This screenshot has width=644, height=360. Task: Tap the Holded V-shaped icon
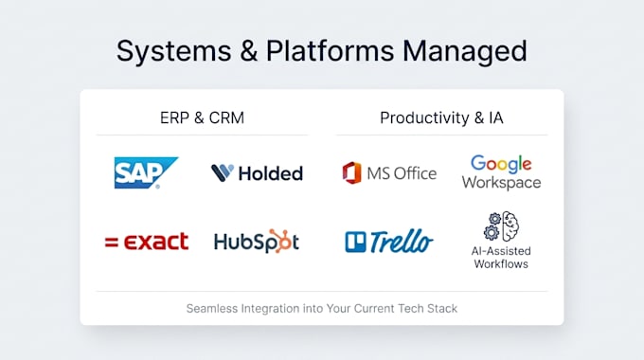[223, 173]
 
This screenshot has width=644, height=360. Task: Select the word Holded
[271, 173]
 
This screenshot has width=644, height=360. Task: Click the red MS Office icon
[352, 173]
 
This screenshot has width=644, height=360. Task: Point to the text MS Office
[402, 173]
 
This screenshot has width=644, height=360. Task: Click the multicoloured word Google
[501, 164]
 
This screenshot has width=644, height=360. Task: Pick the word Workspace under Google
[501, 182]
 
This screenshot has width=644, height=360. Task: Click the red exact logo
[147, 242]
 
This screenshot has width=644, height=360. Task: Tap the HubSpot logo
[257, 242]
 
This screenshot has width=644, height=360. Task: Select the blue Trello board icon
[355, 242]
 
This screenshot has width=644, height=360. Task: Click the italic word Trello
[402, 242]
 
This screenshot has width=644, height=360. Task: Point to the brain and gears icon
[501, 226]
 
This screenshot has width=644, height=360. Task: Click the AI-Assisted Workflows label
[501, 258]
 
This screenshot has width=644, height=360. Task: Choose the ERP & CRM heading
[202, 117]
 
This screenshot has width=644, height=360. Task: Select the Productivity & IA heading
[441, 117]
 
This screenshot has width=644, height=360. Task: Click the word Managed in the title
[464, 51]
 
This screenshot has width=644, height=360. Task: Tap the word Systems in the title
[173, 51]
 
